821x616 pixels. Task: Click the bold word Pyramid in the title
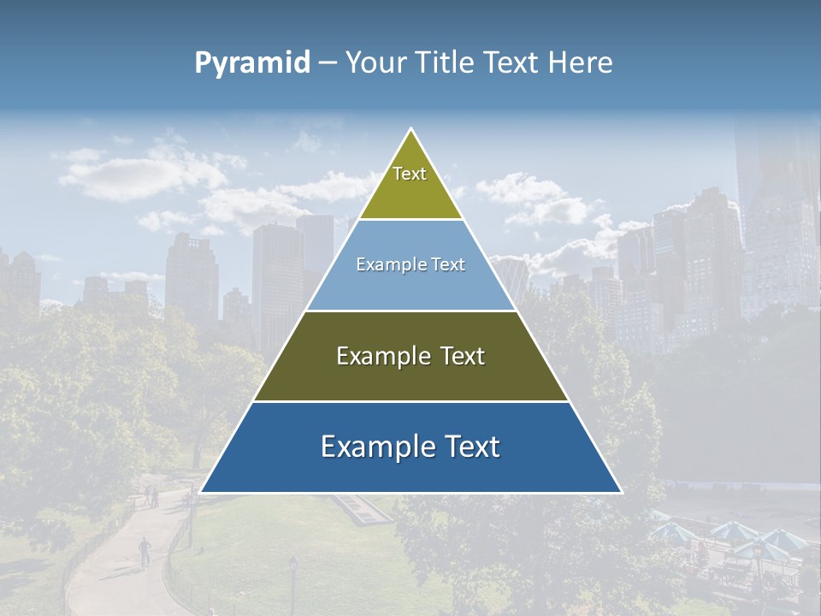click(252, 63)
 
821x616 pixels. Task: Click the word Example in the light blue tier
click(383, 265)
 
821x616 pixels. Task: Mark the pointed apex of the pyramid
click(411, 131)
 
